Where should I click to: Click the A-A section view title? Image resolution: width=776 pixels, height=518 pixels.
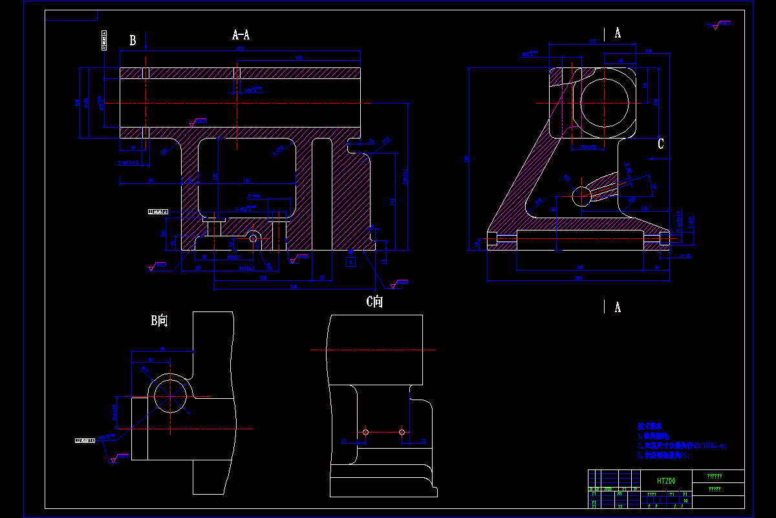[x=241, y=35]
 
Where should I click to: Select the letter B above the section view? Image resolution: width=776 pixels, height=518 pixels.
[x=133, y=40]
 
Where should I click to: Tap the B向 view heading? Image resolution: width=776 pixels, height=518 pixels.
[x=160, y=321]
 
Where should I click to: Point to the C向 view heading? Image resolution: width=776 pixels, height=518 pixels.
[x=374, y=301]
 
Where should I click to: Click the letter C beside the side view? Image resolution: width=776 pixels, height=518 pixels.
[x=660, y=144]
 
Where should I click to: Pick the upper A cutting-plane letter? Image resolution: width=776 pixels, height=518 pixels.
[x=618, y=33]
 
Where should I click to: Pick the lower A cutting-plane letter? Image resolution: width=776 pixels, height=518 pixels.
[x=618, y=308]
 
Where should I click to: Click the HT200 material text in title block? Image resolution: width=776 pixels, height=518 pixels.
[x=665, y=481]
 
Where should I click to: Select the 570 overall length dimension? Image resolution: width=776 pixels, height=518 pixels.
[x=241, y=48]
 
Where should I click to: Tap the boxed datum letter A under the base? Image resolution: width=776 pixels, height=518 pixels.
[x=350, y=262]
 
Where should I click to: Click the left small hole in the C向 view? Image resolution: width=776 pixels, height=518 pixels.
[x=365, y=432]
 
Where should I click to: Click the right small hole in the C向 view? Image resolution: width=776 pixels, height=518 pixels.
[x=402, y=432]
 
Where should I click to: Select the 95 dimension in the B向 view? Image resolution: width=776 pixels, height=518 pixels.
[x=162, y=349]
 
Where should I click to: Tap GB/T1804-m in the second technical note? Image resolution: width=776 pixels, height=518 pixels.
[x=709, y=445]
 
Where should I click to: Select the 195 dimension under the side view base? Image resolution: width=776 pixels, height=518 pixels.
[x=580, y=267]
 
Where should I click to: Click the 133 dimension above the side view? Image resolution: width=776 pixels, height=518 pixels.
[x=592, y=42]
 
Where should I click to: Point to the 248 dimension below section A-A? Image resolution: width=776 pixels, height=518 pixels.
[x=294, y=286]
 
